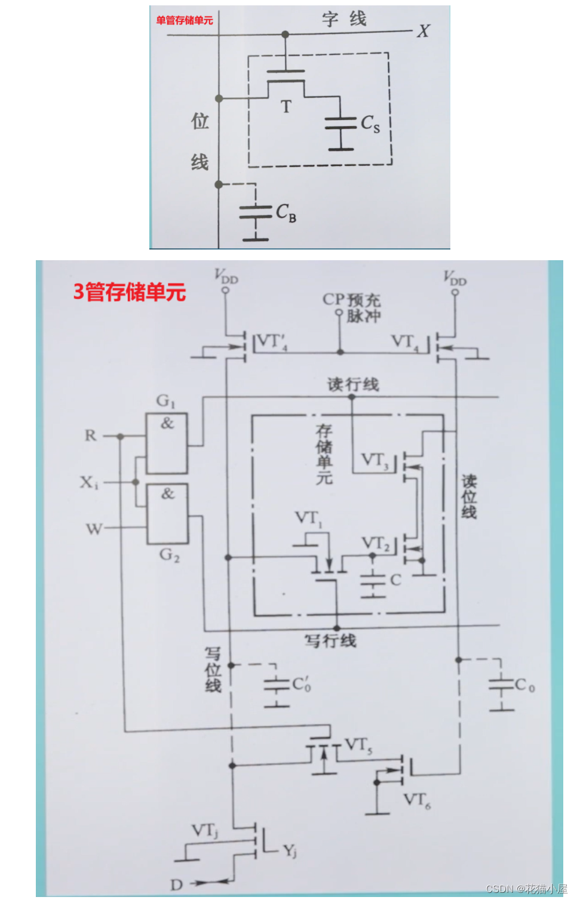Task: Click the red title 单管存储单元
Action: click(185, 20)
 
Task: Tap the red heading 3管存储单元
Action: click(130, 292)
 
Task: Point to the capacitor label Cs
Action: click(370, 124)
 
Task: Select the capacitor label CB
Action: click(286, 212)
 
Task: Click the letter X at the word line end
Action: click(423, 31)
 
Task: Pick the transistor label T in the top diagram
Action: click(286, 107)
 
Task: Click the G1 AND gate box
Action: click(167, 443)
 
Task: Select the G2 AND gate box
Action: click(168, 513)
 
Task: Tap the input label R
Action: click(90, 435)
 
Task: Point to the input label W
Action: click(94, 528)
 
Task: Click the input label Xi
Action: click(89, 482)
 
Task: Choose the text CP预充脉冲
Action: click(352, 307)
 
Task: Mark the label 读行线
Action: click(353, 384)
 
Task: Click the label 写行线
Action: click(330, 641)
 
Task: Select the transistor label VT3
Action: click(375, 460)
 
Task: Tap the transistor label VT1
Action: click(308, 518)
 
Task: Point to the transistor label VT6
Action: click(416, 800)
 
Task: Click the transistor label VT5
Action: click(358, 745)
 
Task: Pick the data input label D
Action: click(176, 884)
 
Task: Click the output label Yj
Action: click(290, 850)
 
